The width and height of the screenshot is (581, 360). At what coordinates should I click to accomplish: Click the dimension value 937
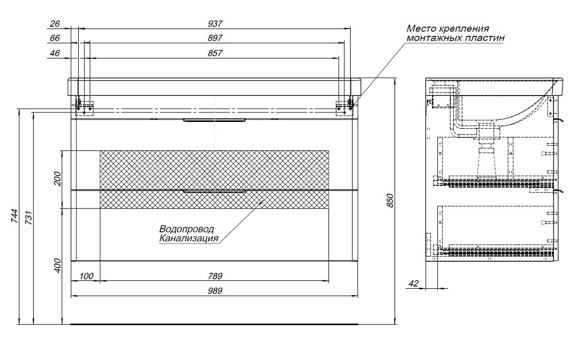coord(215,24)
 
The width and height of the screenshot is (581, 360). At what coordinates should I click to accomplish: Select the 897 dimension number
coord(215,38)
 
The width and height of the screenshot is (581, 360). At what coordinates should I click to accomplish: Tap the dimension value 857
coord(215,53)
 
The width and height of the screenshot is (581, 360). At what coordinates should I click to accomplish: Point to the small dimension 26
coord(55,24)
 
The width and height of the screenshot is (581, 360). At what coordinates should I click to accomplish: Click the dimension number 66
coord(55,38)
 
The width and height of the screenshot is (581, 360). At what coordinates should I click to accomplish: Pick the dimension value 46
coord(55,53)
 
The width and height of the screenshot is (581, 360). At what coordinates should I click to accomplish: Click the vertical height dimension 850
coord(390,201)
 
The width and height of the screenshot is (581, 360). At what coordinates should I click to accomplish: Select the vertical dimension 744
coord(14,216)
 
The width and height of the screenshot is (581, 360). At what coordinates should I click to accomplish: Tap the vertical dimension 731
coord(29,217)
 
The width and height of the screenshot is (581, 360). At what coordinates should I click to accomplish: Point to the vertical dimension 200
coord(58,179)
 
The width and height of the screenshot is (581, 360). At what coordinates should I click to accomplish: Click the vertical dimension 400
coord(58,266)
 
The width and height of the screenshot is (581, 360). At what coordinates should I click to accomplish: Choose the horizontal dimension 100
coord(86,276)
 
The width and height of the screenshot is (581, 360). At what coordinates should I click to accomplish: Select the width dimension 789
coord(215,276)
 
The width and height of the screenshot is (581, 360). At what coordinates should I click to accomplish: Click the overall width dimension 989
coord(215,291)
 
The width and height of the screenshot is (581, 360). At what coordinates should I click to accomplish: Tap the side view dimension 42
coord(414,283)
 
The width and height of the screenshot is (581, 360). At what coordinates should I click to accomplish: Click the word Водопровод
coord(187,229)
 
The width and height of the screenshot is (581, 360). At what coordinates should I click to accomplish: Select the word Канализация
coord(189,239)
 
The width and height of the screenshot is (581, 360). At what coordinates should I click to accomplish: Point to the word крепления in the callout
coord(464,29)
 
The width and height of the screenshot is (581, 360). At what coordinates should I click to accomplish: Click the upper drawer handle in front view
coord(215,120)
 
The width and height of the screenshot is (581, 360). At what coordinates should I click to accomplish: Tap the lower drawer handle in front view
coord(215,192)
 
